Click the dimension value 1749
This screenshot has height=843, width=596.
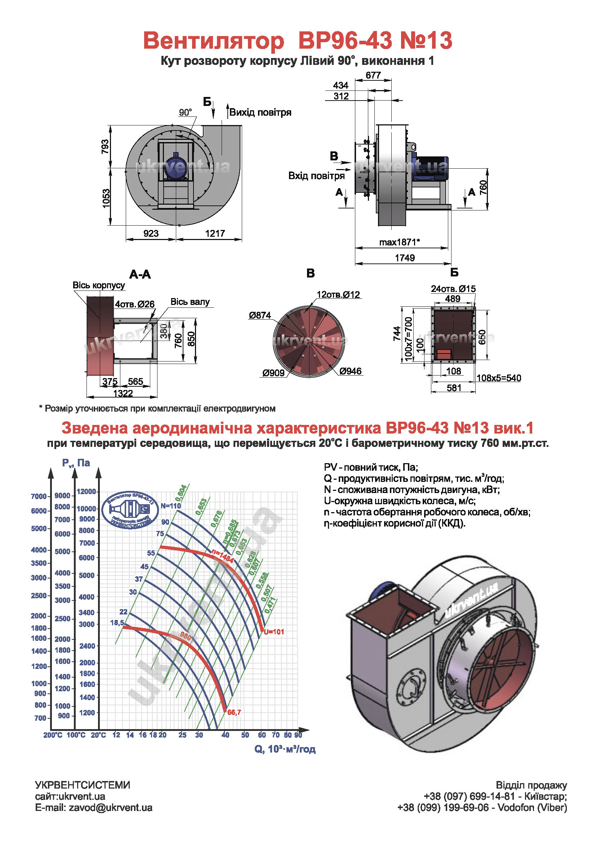[x=404, y=258]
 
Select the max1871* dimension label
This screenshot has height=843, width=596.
[x=399, y=242]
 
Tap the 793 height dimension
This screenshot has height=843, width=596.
[x=105, y=146]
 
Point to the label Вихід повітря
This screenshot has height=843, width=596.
[x=260, y=112]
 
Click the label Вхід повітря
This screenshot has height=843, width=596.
[x=316, y=176]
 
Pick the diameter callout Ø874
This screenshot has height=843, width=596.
[x=260, y=315]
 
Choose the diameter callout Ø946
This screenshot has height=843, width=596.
[x=351, y=371]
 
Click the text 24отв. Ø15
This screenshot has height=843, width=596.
[x=453, y=289]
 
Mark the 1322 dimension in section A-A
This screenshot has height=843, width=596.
[x=123, y=393]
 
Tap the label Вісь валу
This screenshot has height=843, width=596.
[x=190, y=302]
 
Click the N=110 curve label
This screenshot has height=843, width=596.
[x=171, y=506]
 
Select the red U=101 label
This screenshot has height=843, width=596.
[x=274, y=631]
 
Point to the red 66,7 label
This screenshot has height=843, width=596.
[x=234, y=712]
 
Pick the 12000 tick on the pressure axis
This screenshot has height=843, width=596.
[x=86, y=491]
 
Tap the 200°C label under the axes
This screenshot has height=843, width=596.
[x=53, y=735]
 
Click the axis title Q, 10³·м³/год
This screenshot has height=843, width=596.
[x=285, y=749]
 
